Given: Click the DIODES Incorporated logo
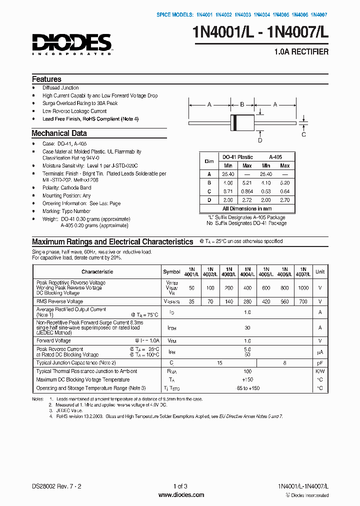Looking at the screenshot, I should (x=71, y=44).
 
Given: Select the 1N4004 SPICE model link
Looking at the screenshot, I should (x=262, y=15).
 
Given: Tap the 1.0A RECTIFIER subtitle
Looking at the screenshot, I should (x=301, y=52).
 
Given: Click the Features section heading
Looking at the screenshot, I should (x=46, y=79).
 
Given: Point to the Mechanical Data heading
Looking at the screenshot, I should (x=59, y=133).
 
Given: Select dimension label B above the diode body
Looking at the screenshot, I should (x=242, y=104).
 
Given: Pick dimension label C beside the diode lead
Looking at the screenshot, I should (x=303, y=133).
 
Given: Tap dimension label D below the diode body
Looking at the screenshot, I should (x=260, y=140).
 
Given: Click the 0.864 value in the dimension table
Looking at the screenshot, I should (x=247, y=191).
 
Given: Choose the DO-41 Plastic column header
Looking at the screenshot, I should (x=238, y=157).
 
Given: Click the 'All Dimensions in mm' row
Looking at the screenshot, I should (x=247, y=208).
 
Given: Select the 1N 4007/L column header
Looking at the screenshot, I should (x=303, y=271).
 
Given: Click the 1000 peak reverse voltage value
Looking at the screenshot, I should (x=303, y=288).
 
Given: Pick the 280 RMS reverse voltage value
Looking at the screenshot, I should (x=246, y=302).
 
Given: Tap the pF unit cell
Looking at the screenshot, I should (x=319, y=362).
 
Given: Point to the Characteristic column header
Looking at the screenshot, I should (x=97, y=271).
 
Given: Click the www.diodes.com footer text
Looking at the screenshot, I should (x=180, y=495).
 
